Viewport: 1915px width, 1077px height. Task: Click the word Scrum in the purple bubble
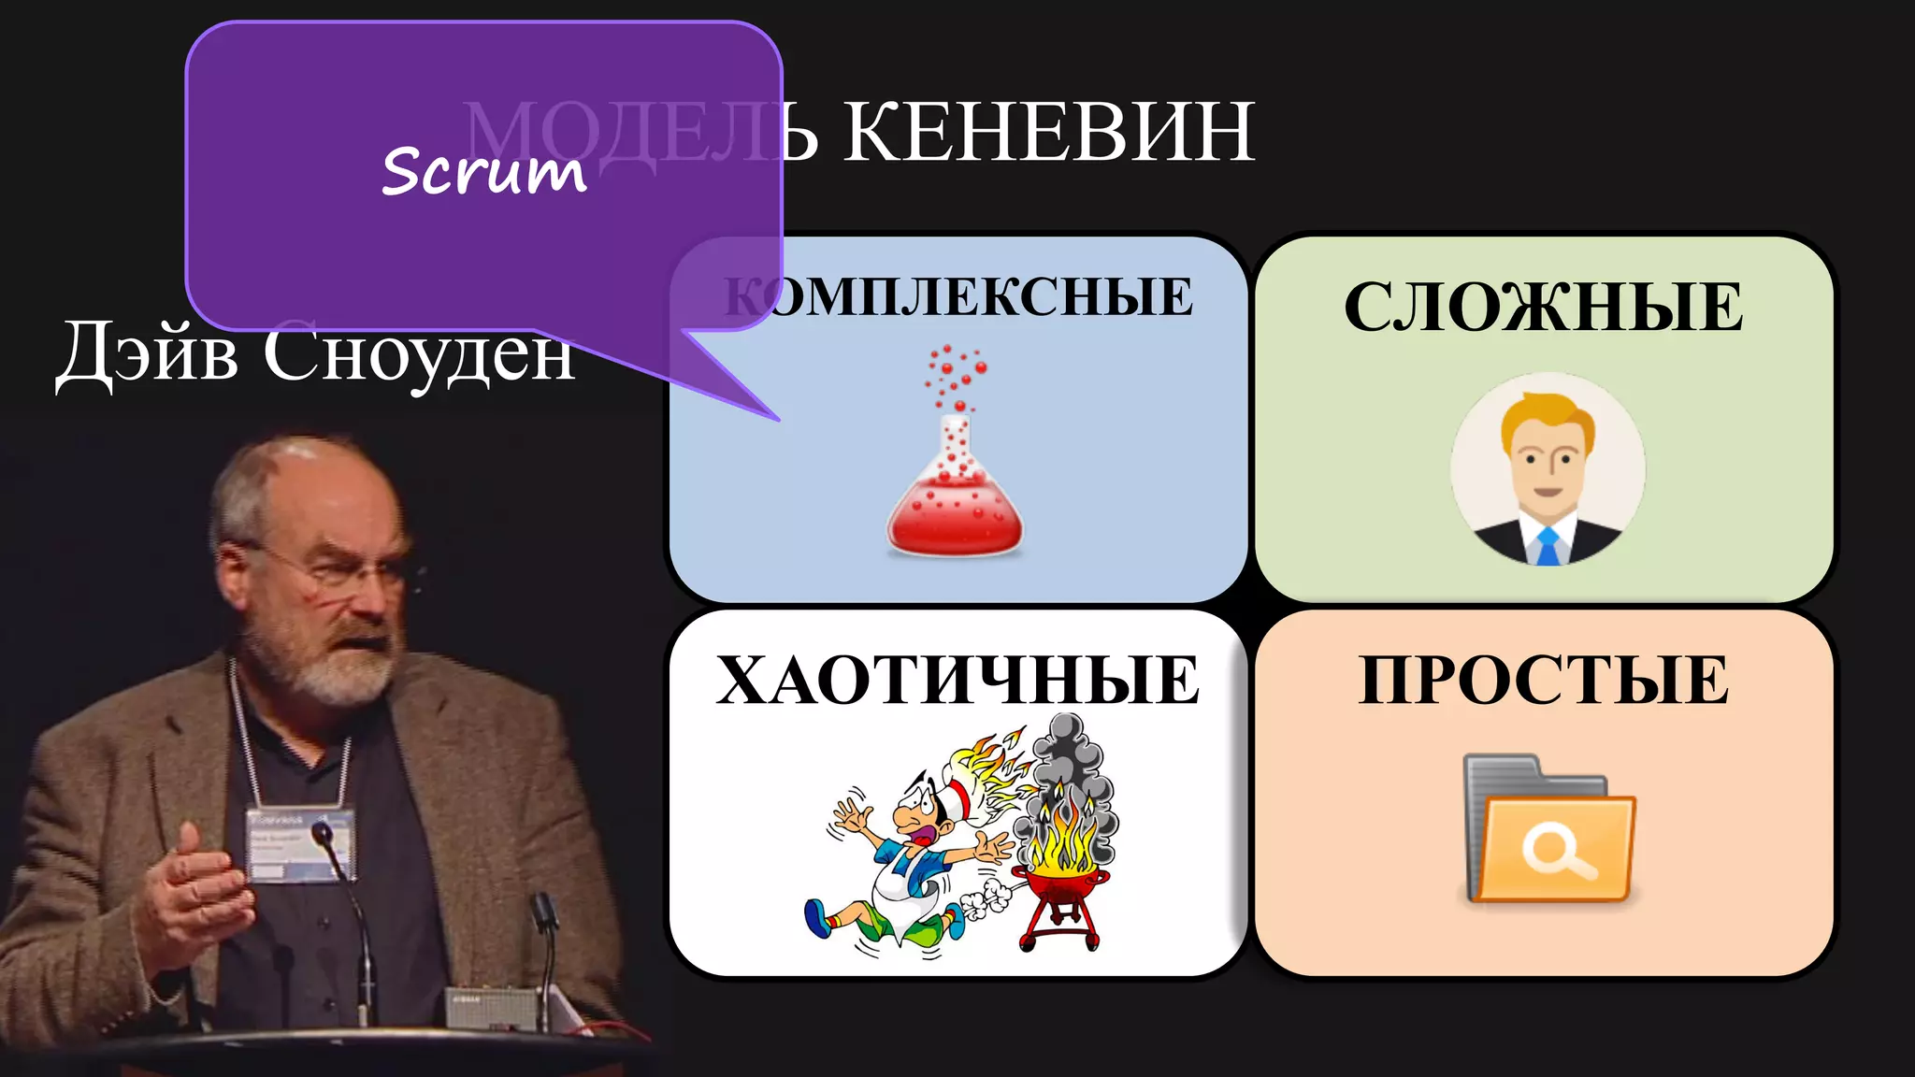click(x=484, y=171)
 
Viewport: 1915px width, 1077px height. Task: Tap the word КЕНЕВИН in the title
click(x=1049, y=132)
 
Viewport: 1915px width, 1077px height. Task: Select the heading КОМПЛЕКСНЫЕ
click(x=959, y=297)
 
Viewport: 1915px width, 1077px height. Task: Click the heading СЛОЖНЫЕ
click(x=1543, y=307)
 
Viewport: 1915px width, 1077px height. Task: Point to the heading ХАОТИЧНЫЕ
click(x=957, y=680)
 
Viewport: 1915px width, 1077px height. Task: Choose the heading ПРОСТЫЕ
click(x=1543, y=680)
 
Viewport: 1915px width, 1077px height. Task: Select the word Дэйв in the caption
click(x=146, y=352)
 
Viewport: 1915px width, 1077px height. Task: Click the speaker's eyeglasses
click(x=337, y=566)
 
